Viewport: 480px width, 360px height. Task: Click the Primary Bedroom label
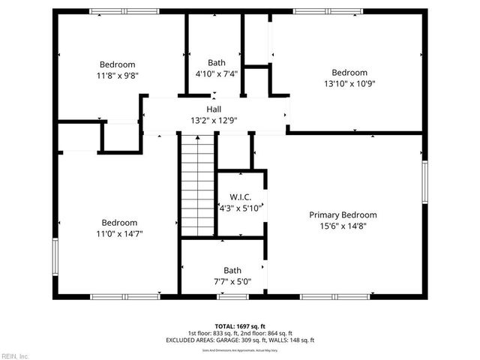[x=343, y=214]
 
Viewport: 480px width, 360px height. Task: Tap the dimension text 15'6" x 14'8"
[x=343, y=226]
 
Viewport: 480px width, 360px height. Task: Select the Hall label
[x=214, y=109]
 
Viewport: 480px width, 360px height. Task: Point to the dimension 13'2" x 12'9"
[x=214, y=120]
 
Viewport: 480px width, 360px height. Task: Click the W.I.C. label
[x=240, y=197]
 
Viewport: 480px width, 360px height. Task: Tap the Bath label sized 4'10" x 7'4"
[x=217, y=63]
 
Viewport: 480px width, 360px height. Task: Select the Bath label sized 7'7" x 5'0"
[x=232, y=271]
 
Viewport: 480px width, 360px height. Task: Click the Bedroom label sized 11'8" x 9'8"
[x=118, y=64]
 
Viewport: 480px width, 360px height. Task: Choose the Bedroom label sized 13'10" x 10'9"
[x=349, y=73]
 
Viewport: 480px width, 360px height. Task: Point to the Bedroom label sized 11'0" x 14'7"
[x=119, y=223]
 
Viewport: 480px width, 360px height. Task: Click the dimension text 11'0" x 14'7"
[x=119, y=234]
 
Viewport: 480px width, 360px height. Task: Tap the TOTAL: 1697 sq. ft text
[x=240, y=326]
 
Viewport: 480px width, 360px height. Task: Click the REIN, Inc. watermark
[x=15, y=355]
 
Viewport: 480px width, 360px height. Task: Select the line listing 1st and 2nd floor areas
[x=240, y=333]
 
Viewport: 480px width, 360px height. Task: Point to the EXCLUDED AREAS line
[x=240, y=340]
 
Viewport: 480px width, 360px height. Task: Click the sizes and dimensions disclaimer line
[x=240, y=350]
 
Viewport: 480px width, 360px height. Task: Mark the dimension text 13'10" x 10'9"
[x=349, y=84]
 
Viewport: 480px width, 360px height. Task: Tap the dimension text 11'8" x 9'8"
[x=118, y=75]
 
